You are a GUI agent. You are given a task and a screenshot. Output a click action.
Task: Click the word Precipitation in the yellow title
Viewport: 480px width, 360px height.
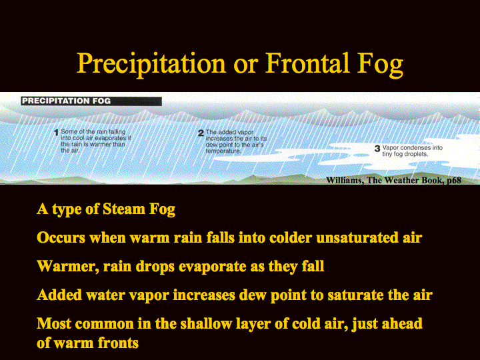(151, 64)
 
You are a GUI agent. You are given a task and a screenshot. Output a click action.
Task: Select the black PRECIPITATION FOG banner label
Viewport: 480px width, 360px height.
(91, 101)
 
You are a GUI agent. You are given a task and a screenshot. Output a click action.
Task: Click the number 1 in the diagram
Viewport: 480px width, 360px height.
(56, 133)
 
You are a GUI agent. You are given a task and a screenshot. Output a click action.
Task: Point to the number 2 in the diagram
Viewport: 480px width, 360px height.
(201, 133)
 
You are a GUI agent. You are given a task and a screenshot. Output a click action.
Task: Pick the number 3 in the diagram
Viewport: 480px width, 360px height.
(377, 149)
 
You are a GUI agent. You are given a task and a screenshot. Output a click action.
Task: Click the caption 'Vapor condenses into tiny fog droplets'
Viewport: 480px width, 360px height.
(413, 151)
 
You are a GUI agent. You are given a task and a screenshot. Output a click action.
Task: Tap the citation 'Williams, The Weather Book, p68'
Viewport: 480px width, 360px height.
(394, 180)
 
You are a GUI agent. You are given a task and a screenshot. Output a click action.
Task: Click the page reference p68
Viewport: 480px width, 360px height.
(454, 180)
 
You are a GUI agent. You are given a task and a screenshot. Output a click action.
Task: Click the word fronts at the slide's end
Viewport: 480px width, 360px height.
(118, 343)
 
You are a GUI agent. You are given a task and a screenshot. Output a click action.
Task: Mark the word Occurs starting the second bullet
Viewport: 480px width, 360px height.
(61, 238)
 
